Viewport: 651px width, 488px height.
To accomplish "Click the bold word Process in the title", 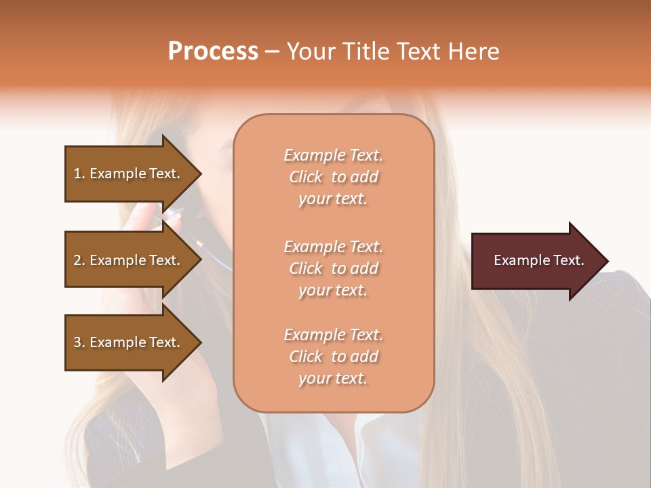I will tap(213, 52).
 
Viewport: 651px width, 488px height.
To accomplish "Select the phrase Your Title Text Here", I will tap(393, 52).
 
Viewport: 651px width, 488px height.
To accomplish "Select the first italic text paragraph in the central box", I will tap(333, 177).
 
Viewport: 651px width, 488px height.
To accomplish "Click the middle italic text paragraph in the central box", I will tap(333, 268).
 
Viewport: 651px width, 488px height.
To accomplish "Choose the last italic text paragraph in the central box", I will tap(333, 357).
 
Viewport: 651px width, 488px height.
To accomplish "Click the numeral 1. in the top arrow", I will tap(79, 174).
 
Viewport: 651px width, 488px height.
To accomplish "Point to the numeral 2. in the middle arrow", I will tap(79, 260).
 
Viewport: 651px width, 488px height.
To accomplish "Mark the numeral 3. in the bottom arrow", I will tap(79, 342).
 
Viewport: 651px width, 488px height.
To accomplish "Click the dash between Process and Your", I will tap(273, 52).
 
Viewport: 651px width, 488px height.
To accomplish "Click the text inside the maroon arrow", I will tap(539, 260).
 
